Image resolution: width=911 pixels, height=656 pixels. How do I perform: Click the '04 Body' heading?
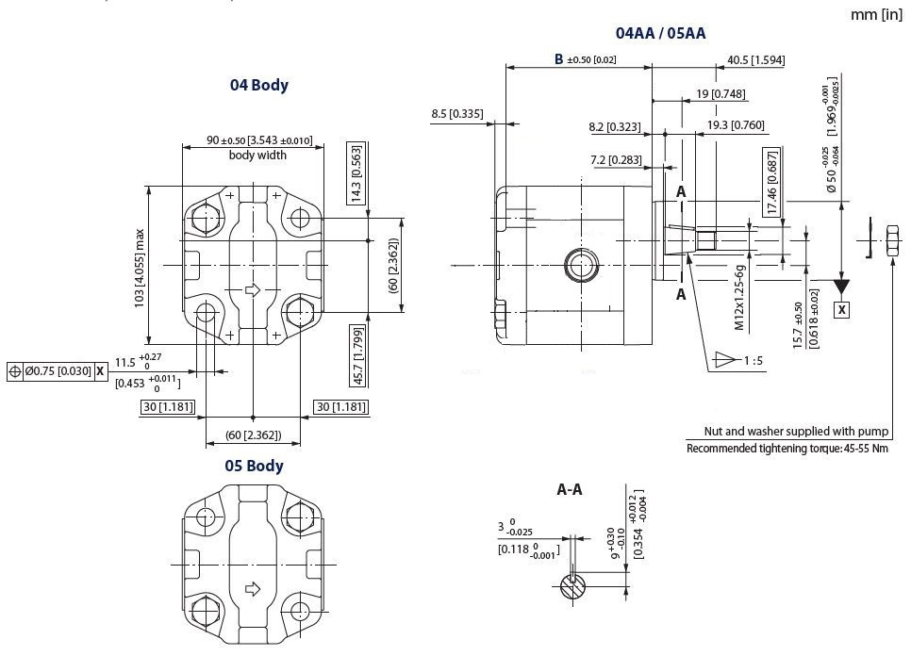coord(259,85)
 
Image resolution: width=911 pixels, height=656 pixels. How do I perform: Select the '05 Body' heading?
coord(254,466)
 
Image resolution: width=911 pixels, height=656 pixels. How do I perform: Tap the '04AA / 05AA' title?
coord(660,34)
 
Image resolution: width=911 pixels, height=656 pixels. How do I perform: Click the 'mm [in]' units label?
coord(876,14)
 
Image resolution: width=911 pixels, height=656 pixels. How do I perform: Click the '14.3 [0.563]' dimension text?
coord(356,173)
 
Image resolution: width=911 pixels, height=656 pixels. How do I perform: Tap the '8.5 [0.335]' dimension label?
coord(456,114)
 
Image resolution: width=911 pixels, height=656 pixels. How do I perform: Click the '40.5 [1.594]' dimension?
coord(756,60)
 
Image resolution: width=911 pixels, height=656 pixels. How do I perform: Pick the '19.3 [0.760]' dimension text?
coord(736,125)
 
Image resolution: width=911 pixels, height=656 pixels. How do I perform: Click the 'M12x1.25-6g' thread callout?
coord(740,293)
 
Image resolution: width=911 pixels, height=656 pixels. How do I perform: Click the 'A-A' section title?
coord(570,490)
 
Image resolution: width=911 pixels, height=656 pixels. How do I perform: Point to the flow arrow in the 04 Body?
coord(252,289)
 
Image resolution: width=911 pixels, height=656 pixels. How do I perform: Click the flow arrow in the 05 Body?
coord(252,590)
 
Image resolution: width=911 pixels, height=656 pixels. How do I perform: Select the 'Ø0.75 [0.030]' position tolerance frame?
coord(55,371)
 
